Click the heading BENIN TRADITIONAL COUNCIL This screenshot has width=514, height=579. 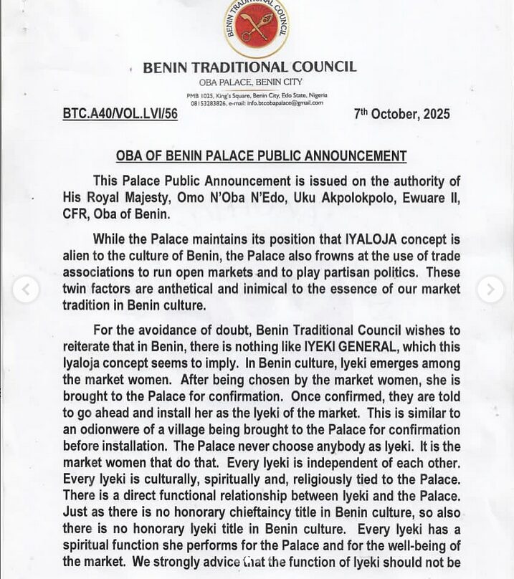click(x=249, y=67)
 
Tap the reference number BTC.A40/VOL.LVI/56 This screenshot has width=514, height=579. click(x=120, y=114)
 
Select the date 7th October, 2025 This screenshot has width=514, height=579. click(x=402, y=114)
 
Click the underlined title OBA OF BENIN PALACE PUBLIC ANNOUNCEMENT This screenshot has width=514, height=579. click(x=261, y=156)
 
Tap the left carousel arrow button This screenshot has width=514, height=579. click(x=26, y=289)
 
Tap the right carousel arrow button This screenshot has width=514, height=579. click(x=490, y=289)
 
